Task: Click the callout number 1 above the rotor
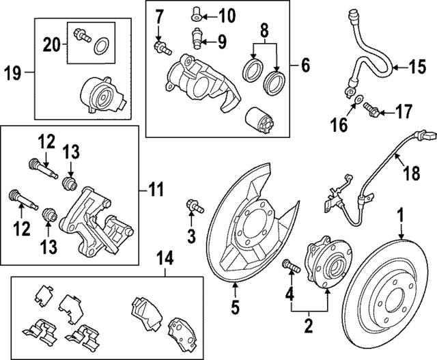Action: click(401, 217)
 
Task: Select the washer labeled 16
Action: click(357, 105)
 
